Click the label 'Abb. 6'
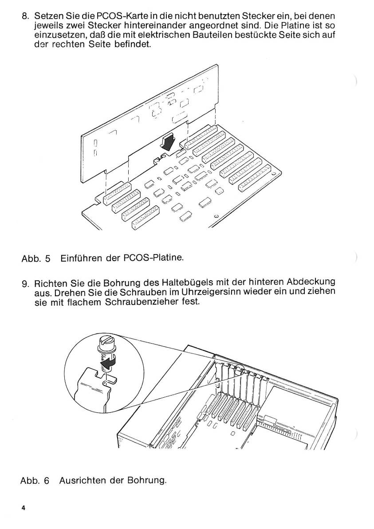[x=35, y=481]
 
